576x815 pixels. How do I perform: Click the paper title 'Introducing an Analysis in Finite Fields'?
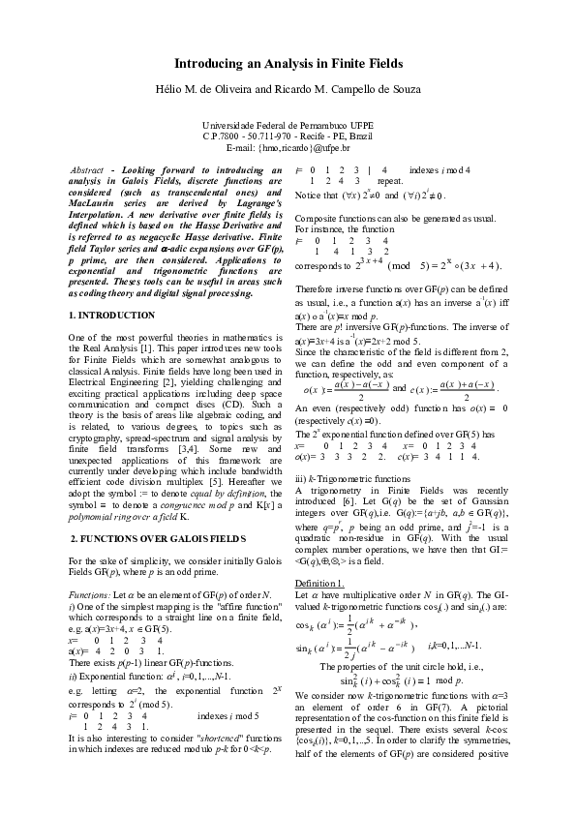point(288,64)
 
